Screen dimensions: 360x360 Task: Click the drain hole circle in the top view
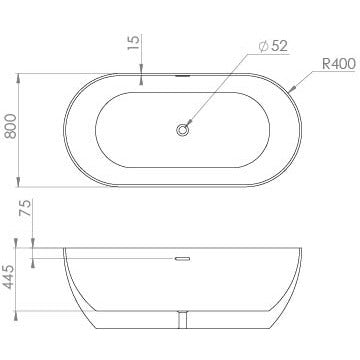click(x=183, y=128)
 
